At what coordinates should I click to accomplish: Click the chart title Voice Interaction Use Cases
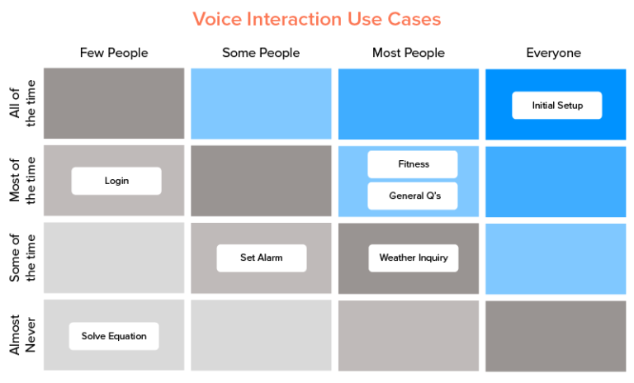317,18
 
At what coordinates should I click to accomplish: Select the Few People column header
114,53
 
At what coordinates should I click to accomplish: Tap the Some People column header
261,53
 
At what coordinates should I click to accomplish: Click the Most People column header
408,53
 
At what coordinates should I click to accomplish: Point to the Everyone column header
553,53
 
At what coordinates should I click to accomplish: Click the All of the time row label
22,104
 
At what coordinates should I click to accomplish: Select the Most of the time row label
22,181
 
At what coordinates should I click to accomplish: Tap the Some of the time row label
22,258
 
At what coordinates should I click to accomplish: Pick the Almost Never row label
22,334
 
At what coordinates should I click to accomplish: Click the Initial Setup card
556,106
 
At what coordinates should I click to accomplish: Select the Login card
116,181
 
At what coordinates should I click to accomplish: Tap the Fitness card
413,164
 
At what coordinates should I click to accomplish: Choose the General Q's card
413,196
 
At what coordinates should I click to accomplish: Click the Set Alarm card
261,258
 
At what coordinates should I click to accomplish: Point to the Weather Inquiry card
413,258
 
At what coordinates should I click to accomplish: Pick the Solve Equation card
114,336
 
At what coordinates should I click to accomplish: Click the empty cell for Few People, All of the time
114,103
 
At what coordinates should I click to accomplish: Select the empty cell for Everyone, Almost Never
556,335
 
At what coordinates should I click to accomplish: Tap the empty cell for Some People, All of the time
261,103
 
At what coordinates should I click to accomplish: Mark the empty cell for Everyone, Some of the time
556,258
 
